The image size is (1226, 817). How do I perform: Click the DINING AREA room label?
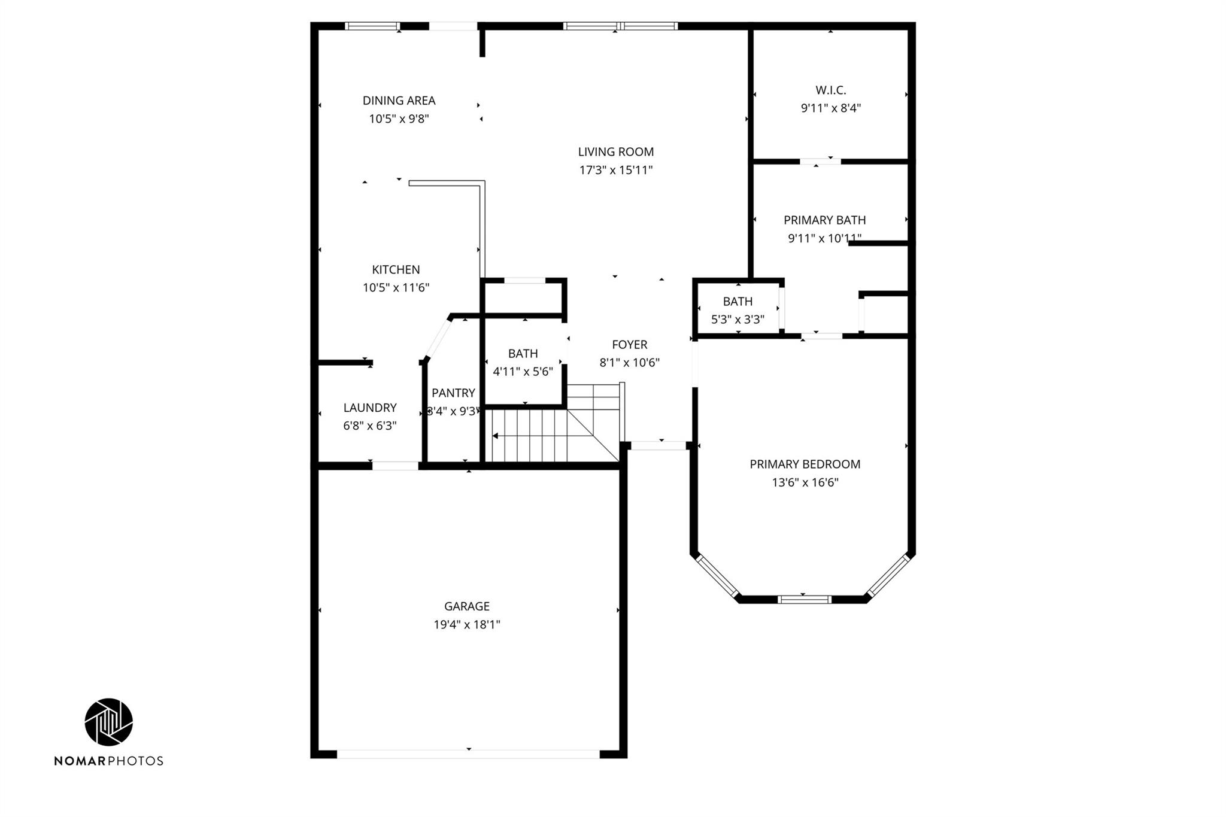pos(399,101)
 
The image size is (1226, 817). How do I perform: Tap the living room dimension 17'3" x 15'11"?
pos(615,170)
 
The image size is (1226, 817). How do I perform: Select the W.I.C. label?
pos(830,90)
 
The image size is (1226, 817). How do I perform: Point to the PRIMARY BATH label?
pos(824,220)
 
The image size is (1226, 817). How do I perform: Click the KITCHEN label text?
pos(396,269)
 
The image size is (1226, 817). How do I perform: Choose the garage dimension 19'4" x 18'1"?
pos(467,625)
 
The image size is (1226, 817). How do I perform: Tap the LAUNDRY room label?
pos(369,408)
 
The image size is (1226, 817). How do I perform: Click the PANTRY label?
pos(453,393)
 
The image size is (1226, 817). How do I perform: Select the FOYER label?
pos(629,345)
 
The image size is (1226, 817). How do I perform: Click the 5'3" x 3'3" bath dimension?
pos(738,320)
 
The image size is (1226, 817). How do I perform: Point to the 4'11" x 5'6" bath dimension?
pos(523,372)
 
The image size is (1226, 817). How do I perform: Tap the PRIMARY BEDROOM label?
pos(805,464)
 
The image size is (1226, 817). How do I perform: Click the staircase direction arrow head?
pos(495,436)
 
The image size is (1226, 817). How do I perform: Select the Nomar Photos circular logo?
pos(108,722)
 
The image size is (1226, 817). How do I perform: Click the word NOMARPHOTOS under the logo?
pos(108,761)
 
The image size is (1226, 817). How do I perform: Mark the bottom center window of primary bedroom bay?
pos(804,599)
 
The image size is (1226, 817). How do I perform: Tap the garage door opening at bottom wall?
pos(468,754)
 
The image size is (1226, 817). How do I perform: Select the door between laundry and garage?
pos(395,466)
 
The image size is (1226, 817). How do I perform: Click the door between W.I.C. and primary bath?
pos(820,161)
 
